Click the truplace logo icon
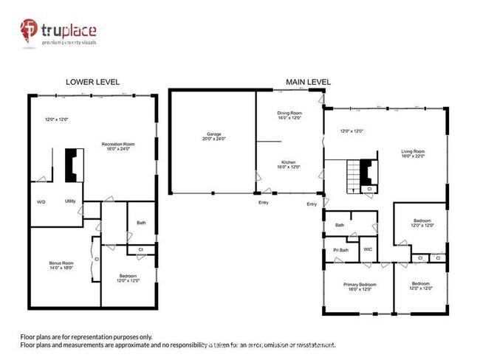[x=30, y=32]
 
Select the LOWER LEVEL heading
[x=92, y=82]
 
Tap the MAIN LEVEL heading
[x=308, y=82]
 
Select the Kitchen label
[x=289, y=162]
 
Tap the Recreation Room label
[x=118, y=144]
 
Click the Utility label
[x=70, y=201]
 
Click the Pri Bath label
[x=340, y=249]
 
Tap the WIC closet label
[x=367, y=249]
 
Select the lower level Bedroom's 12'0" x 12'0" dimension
[x=127, y=280]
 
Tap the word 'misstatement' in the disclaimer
[x=312, y=345]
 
